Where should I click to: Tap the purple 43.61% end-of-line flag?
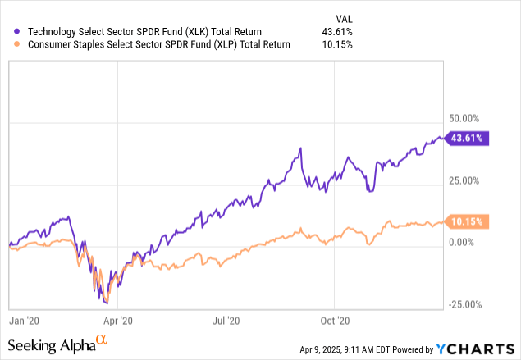pos(469,139)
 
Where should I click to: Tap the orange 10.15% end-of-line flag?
pos(469,221)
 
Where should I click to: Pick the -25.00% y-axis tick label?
pos(465,304)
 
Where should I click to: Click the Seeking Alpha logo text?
pos(54,345)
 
